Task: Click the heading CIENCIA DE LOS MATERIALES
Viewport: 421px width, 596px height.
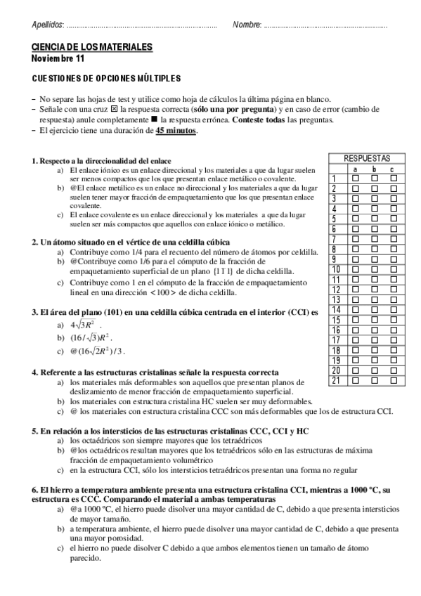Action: coord(92,47)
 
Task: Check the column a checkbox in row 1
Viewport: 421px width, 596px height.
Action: coord(355,179)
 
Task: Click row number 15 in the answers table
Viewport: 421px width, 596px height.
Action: coord(336,320)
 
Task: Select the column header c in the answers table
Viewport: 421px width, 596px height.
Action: coord(393,169)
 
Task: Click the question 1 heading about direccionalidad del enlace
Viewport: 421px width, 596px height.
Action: coord(102,161)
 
